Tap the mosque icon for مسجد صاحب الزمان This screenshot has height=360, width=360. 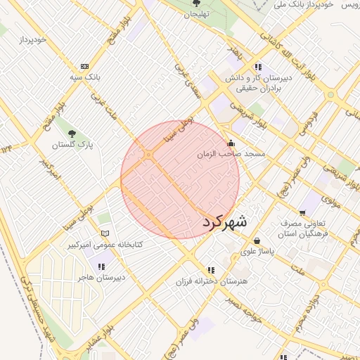(231, 143)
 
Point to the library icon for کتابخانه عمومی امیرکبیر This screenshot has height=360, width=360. (105, 233)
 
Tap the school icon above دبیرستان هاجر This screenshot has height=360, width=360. (103, 266)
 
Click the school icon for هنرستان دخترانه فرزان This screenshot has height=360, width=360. (210, 270)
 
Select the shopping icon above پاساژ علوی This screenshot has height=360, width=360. (257, 240)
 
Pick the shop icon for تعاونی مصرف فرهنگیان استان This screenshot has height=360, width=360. (302, 212)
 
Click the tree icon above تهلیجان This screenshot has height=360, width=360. (196, 4)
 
